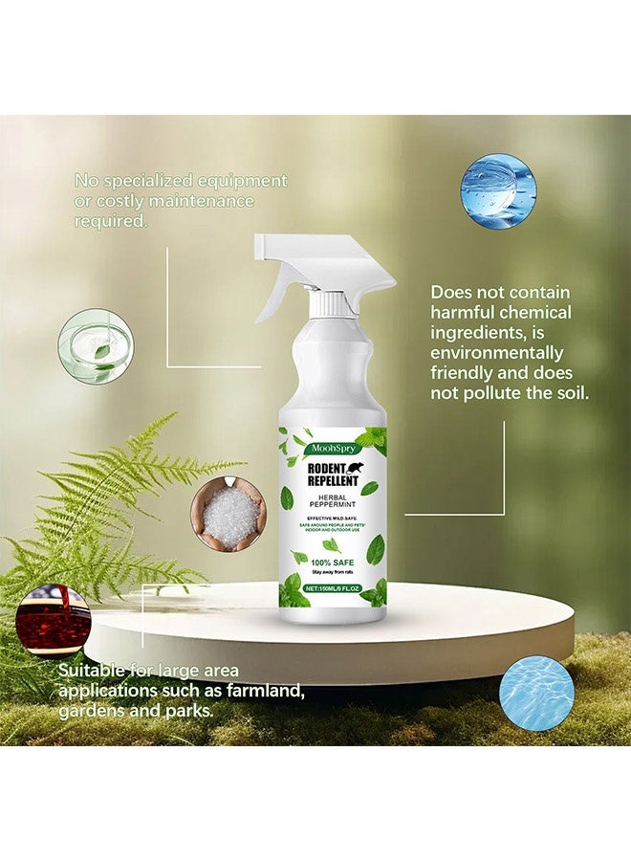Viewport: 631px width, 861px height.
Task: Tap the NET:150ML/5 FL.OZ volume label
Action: pyautogui.click(x=331, y=588)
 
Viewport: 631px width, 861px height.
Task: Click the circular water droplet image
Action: pyautogui.click(x=498, y=191)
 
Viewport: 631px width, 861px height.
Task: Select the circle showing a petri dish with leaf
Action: pyautogui.click(x=96, y=346)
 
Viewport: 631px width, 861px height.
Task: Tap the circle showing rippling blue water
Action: pyautogui.click(x=536, y=694)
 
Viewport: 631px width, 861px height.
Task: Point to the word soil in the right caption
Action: pyautogui.click(x=567, y=392)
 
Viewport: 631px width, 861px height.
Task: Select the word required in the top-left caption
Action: pyautogui.click(x=111, y=221)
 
